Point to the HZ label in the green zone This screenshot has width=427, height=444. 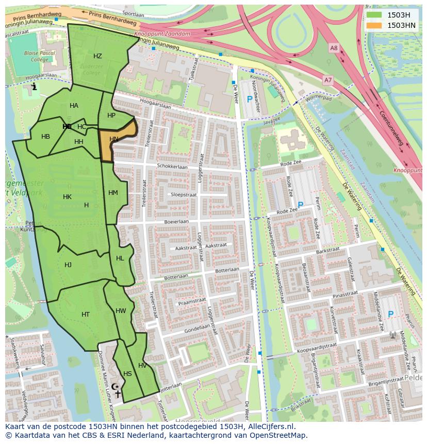[x=97, y=56]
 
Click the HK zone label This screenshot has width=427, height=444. [x=67, y=197]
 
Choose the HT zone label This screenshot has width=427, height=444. [x=86, y=314]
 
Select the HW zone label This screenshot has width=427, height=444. [x=121, y=311]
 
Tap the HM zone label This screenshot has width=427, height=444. [x=113, y=193]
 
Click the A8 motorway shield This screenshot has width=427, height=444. [x=334, y=48]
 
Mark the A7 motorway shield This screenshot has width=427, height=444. [x=328, y=79]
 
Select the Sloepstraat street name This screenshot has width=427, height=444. [x=184, y=195]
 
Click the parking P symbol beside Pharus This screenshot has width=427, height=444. [x=390, y=314]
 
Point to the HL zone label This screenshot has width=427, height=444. [x=120, y=258]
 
